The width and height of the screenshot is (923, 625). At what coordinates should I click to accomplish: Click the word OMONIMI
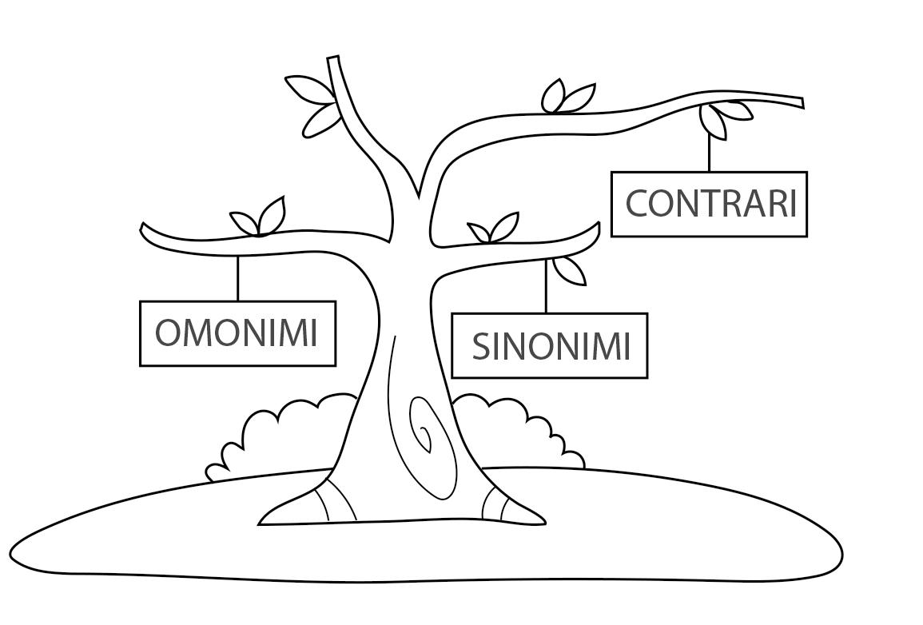pyautogui.click(x=237, y=333)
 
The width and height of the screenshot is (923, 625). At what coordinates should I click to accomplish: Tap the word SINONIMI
pyautogui.click(x=551, y=347)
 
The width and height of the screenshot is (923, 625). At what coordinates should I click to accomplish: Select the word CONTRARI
pyautogui.click(x=710, y=204)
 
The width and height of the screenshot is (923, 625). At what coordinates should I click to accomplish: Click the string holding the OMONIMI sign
pyautogui.click(x=237, y=278)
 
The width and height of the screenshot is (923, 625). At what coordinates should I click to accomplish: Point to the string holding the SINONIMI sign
pyautogui.click(x=546, y=286)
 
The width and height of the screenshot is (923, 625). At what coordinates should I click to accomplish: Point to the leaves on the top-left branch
pyautogui.click(x=313, y=105)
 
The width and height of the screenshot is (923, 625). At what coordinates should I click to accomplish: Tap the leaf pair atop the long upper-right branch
pyautogui.click(x=567, y=98)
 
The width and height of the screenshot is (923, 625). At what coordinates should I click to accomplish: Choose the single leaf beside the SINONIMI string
pyautogui.click(x=570, y=270)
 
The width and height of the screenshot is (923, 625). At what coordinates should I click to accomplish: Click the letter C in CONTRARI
pyautogui.click(x=639, y=204)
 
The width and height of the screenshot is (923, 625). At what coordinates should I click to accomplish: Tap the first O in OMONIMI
pyautogui.click(x=169, y=333)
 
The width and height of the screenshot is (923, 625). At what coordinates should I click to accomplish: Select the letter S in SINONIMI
pyautogui.click(x=481, y=347)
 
